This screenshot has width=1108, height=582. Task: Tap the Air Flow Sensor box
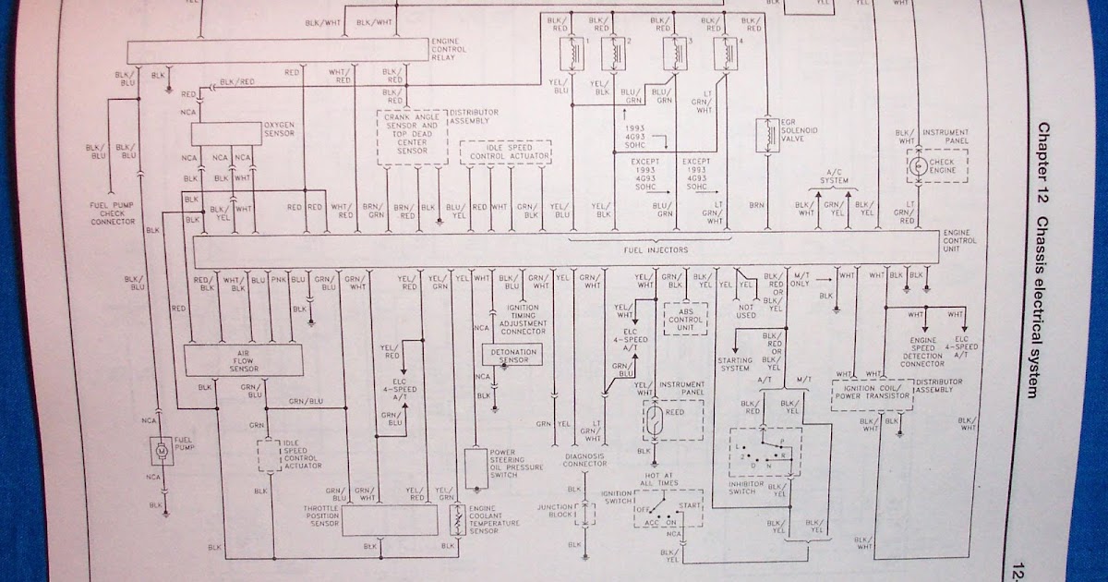pos(244,359)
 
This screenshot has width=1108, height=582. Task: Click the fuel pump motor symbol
pos(162,451)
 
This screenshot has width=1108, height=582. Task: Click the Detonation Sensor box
pos(511,354)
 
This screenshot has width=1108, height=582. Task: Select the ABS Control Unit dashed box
pos(685,320)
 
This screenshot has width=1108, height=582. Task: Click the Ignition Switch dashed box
pos(668,507)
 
